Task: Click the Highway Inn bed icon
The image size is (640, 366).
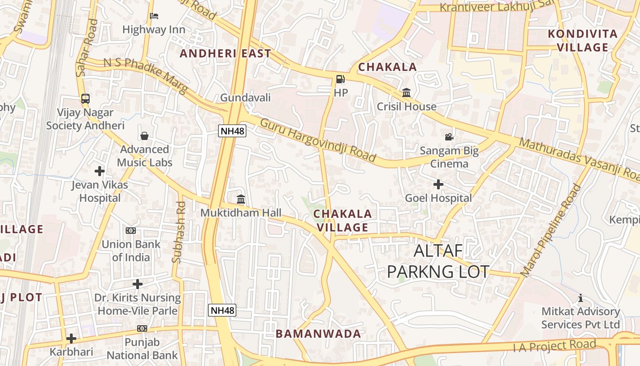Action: (x=154, y=16)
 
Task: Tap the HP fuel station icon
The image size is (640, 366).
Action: (x=340, y=79)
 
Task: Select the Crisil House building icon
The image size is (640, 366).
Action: (x=406, y=93)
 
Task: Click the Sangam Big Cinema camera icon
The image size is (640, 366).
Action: (x=449, y=137)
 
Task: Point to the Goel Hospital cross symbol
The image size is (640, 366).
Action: (x=438, y=184)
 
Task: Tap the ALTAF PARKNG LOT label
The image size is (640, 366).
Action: (x=438, y=261)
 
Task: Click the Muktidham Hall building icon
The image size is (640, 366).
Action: (x=241, y=199)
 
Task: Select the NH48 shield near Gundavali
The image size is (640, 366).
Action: (x=232, y=131)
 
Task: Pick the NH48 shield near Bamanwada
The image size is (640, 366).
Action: (x=222, y=310)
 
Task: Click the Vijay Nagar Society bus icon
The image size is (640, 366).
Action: (x=85, y=98)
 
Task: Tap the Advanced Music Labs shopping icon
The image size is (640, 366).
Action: (x=144, y=136)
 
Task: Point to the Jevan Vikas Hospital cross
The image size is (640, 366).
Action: (x=100, y=171)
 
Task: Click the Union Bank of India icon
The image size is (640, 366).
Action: (x=131, y=231)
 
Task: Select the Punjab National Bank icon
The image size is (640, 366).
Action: (x=142, y=328)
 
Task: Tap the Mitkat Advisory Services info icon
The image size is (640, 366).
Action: (x=580, y=298)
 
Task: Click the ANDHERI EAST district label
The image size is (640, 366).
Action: (x=225, y=54)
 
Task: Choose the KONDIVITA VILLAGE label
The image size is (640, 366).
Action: (x=582, y=40)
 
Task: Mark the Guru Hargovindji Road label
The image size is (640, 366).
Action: (x=318, y=140)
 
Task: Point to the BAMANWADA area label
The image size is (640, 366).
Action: (x=318, y=334)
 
